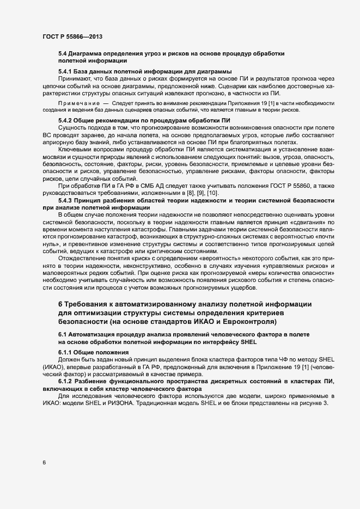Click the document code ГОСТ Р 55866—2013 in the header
(72, 36)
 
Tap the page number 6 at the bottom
(43, 463)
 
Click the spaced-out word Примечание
(78, 103)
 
